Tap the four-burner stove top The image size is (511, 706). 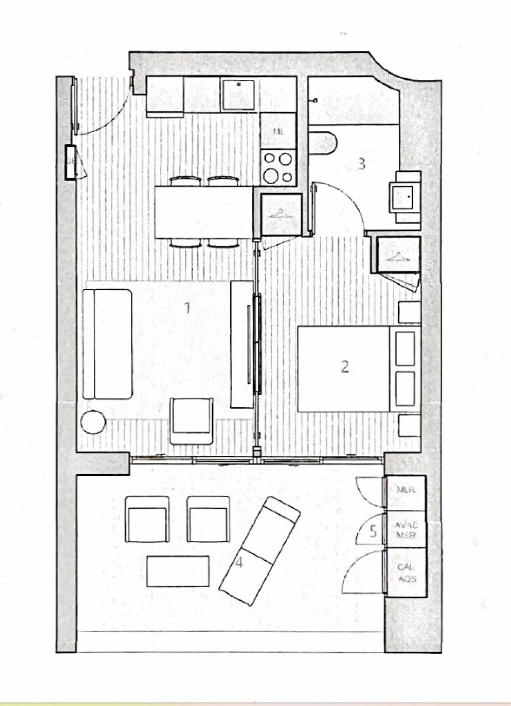278,168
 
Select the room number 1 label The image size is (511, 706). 186,308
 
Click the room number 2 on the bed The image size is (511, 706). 345,367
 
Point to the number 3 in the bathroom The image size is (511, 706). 361,164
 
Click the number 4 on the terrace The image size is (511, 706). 239,562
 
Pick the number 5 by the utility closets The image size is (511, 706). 373,531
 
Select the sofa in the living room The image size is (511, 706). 107,344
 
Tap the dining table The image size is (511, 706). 204,212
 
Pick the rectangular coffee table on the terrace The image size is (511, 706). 178,571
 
